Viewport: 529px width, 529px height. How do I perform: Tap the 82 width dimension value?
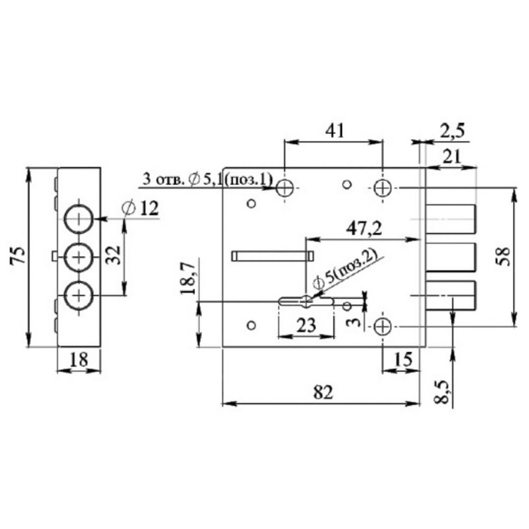tap(323, 391)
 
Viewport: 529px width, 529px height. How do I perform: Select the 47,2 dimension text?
tap(364, 229)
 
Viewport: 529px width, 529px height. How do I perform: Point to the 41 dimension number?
tap(335, 131)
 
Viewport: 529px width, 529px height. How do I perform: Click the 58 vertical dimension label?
tap(504, 257)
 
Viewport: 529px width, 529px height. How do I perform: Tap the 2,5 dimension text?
tap(452, 131)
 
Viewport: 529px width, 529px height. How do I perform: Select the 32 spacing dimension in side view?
tap(114, 255)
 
